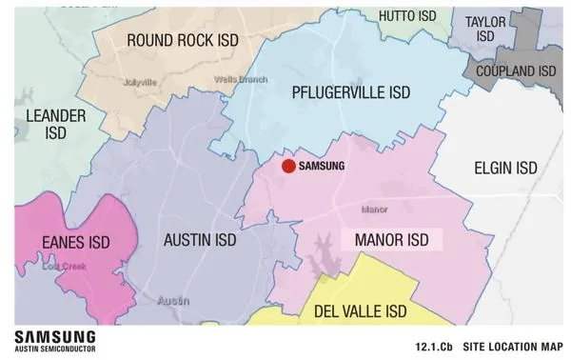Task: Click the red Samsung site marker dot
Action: pyautogui.click(x=288, y=166)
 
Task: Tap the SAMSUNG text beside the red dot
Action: pyautogui.click(x=322, y=166)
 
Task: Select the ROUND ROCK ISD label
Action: pyautogui.click(x=183, y=40)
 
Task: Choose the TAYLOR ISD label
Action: pyautogui.click(x=485, y=28)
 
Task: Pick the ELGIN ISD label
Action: pyautogui.click(x=505, y=168)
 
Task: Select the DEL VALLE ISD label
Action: pyautogui.click(x=361, y=311)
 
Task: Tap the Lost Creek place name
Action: pyautogui.click(x=64, y=267)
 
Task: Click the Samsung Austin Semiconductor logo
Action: pyautogui.click(x=54, y=341)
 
